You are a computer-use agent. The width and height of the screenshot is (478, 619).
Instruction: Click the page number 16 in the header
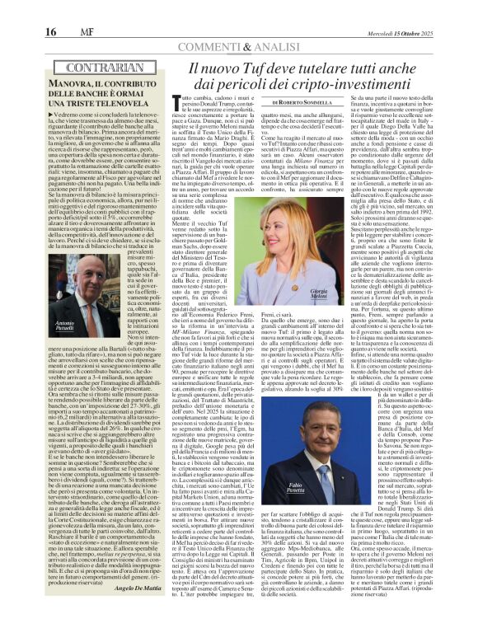point(16,9)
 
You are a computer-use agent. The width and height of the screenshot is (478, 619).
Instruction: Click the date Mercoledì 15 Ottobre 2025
point(431,9)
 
